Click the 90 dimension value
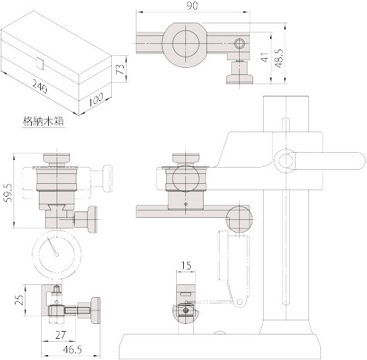[x=192, y=6]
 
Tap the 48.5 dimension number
[x=279, y=58]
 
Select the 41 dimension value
[x=264, y=57]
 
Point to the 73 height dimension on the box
[x=120, y=69]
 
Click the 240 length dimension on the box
[x=40, y=86]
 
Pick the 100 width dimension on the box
[x=96, y=99]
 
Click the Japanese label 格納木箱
[x=43, y=122]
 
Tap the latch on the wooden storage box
[x=40, y=63]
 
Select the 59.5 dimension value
[x=8, y=191]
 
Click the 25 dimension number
[x=20, y=300]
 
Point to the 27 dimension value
[x=60, y=335]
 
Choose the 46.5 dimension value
[x=73, y=349]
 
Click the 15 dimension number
[x=186, y=266]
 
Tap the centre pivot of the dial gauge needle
[x=57, y=254]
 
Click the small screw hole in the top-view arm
[x=240, y=43]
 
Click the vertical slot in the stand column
[x=286, y=211]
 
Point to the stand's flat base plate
[x=221, y=346]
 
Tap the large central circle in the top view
[x=186, y=43]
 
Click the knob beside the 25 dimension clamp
[x=96, y=310]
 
